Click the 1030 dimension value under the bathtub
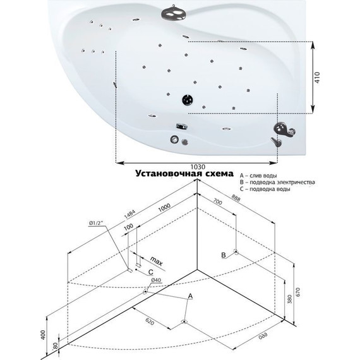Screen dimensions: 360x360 pyautogui.click(x=198, y=167)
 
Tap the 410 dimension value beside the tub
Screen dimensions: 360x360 pyautogui.click(x=317, y=78)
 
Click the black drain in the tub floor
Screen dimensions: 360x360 pyautogui.click(x=188, y=100)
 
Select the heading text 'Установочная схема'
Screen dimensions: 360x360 pyautogui.click(x=184, y=174)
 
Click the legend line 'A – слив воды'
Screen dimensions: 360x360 pyautogui.click(x=258, y=176)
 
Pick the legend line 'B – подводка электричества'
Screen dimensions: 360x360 pyautogui.click(x=277, y=183)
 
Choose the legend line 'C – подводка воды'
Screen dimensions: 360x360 pyautogui.click(x=265, y=189)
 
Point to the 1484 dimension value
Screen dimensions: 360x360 pyautogui.click(x=130, y=213)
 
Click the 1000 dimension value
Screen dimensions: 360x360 pyautogui.click(x=164, y=207)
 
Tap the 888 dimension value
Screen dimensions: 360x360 pyautogui.click(x=236, y=198)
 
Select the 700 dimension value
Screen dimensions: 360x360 pyautogui.click(x=218, y=201)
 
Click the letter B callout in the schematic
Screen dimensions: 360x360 pyautogui.click(x=224, y=255)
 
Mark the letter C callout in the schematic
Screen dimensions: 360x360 pyautogui.click(x=150, y=272)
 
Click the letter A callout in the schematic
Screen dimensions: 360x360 pyautogui.click(x=190, y=296)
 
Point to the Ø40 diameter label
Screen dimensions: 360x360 pyautogui.click(x=156, y=280)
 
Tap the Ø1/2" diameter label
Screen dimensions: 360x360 pyautogui.click(x=97, y=223)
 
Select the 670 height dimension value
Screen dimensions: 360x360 pyautogui.click(x=298, y=292)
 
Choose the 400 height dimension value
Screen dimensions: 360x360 pyautogui.click(x=44, y=335)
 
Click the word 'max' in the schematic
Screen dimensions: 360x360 pyautogui.click(x=157, y=261)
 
